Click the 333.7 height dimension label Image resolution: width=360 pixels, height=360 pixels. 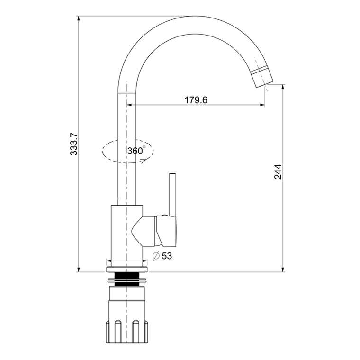74,144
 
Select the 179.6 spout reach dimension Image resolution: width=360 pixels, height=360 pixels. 196,100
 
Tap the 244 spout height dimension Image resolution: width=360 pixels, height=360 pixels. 278,171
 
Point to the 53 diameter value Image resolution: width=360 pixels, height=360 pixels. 167,256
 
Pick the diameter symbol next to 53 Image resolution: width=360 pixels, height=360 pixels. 156,256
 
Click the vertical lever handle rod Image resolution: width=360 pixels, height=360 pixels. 172,195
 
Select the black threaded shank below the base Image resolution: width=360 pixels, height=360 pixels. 127,279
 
